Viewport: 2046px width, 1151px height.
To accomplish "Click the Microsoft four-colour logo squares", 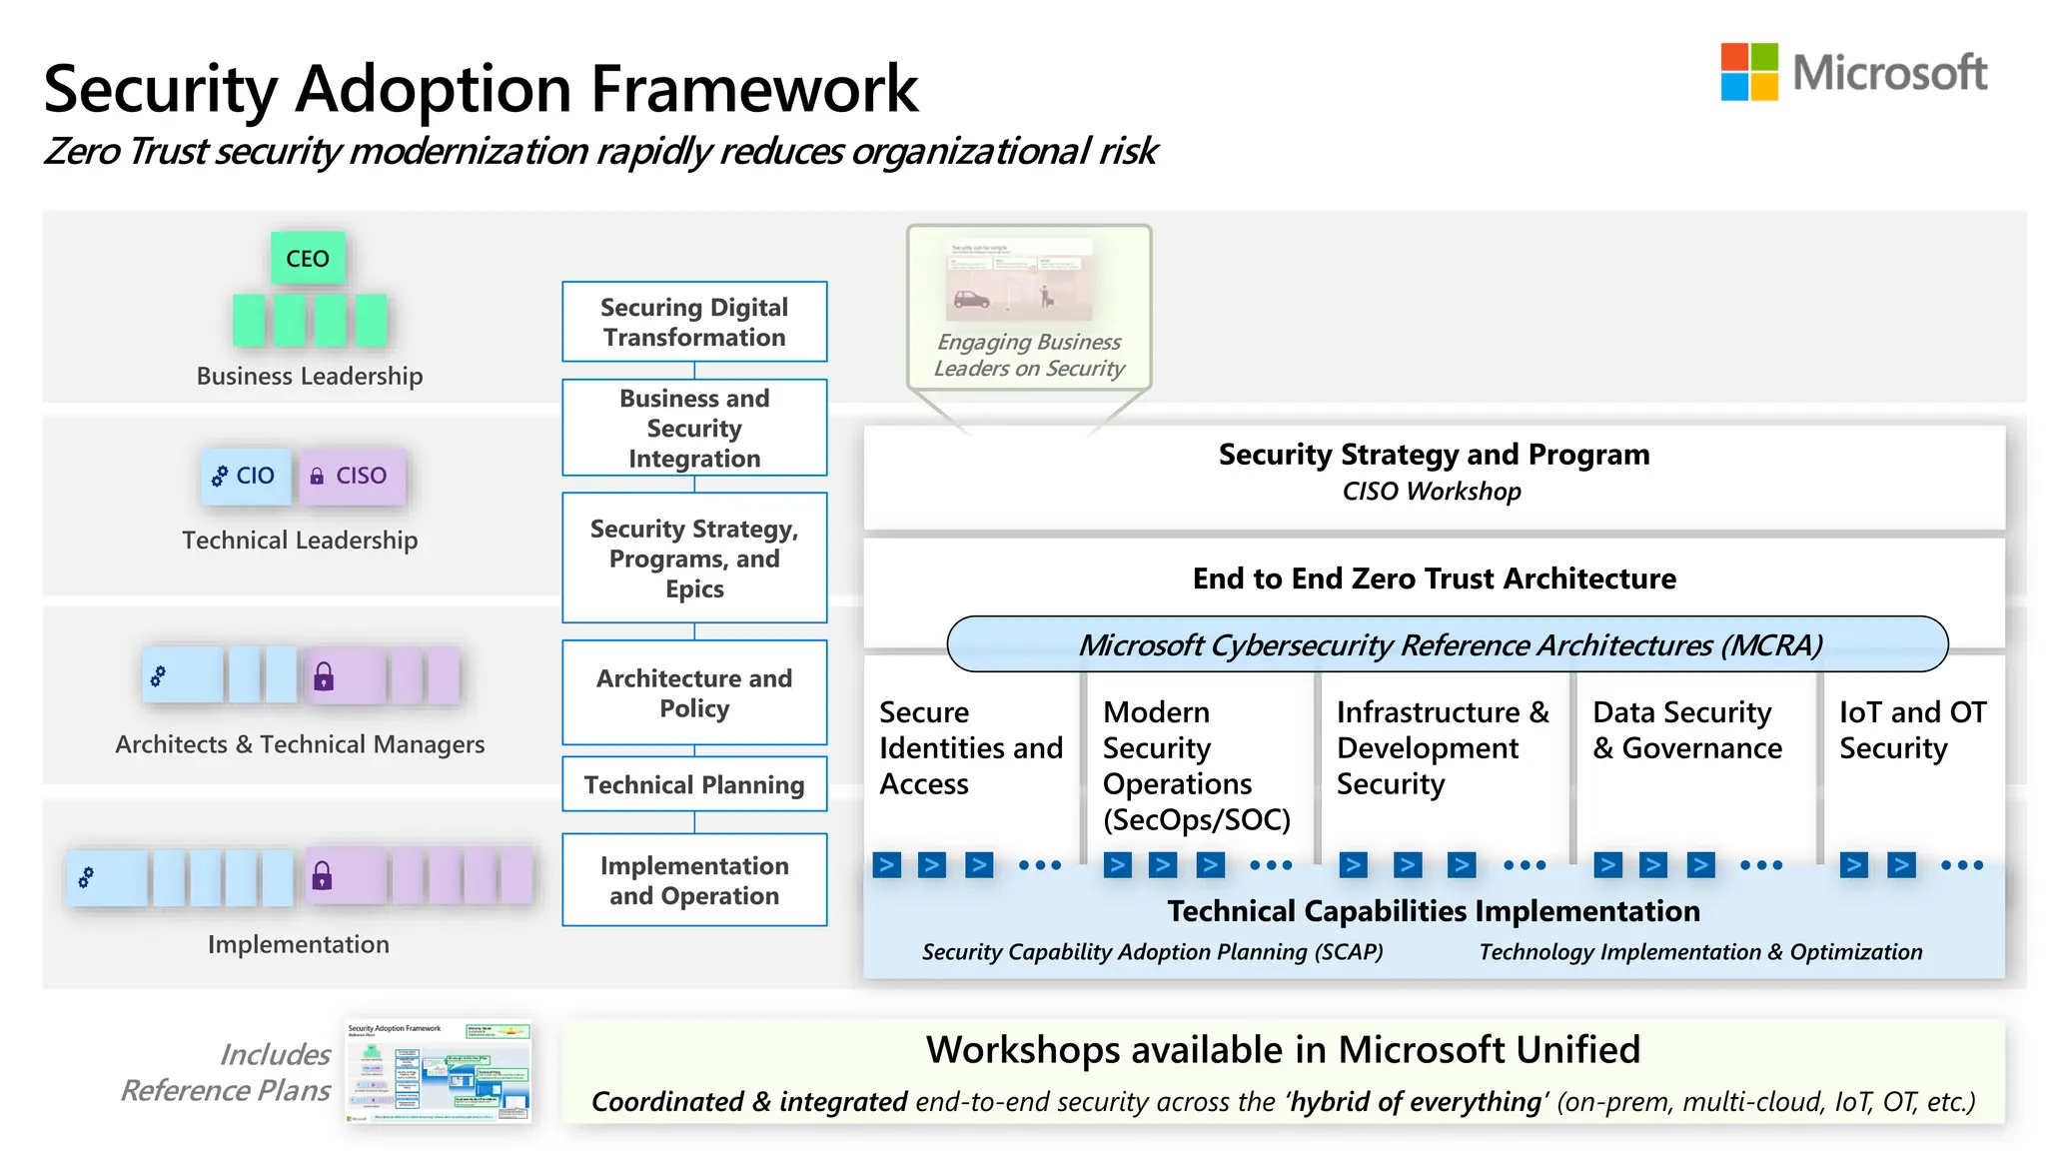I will (1748, 72).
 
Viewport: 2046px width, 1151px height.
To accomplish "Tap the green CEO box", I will (308, 259).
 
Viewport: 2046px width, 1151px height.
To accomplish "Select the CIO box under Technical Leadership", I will (245, 476).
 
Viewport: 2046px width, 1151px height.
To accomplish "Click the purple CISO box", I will (352, 476).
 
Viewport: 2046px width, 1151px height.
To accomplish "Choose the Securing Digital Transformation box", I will (694, 322).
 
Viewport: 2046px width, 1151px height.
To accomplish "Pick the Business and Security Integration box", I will (694, 428).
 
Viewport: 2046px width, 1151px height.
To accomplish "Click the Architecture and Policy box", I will (694, 692).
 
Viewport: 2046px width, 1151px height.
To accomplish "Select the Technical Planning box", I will (694, 784).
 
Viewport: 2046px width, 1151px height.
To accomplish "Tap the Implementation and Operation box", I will (694, 880).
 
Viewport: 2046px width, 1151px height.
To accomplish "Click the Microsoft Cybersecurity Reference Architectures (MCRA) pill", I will (1448, 644).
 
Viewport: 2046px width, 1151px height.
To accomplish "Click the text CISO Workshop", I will (1432, 492).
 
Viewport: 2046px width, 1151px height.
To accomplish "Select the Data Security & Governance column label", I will (1686, 730).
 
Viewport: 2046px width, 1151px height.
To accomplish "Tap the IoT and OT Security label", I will (1912, 730).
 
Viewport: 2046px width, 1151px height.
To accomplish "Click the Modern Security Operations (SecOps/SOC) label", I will (1196, 765).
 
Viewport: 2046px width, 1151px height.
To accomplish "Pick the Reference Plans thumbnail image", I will (438, 1071).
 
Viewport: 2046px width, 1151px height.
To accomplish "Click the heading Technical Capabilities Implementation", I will (1434, 911).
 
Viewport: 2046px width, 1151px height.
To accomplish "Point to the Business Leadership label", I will (310, 377).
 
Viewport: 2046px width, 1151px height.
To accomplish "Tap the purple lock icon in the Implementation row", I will (322, 876).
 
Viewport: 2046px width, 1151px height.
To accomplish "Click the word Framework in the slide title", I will (754, 89).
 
